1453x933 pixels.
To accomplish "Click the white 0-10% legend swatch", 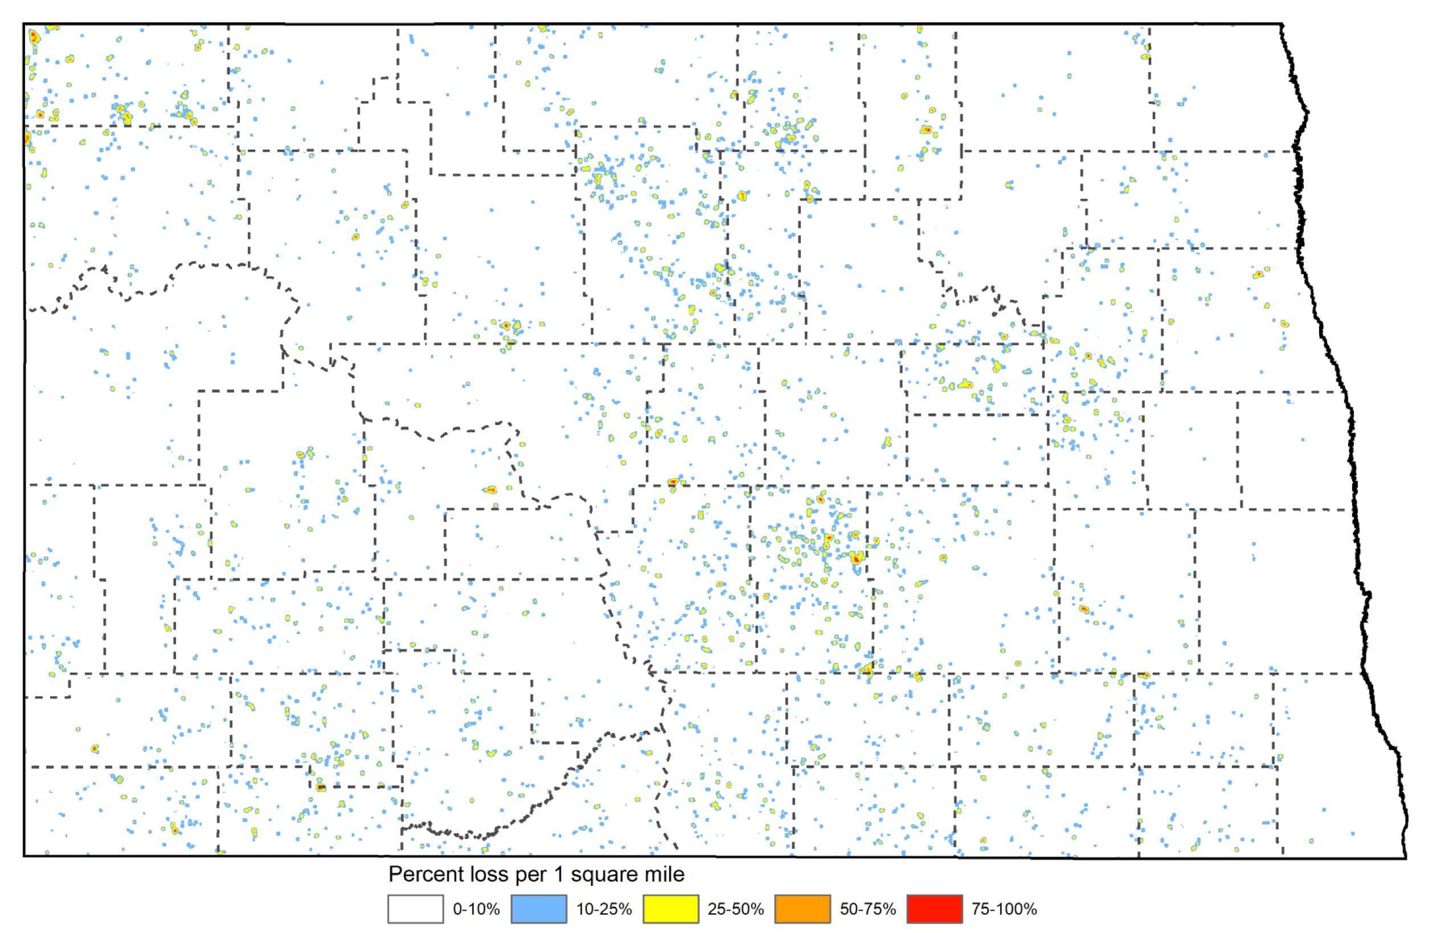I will [x=415, y=909].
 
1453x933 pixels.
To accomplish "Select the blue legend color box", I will [x=538, y=909].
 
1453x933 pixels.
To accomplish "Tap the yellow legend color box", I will [x=670, y=909].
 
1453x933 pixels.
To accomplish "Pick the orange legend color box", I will [x=803, y=909].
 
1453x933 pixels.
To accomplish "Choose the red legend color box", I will [x=934, y=909].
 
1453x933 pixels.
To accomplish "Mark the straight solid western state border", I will [x=24, y=424].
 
